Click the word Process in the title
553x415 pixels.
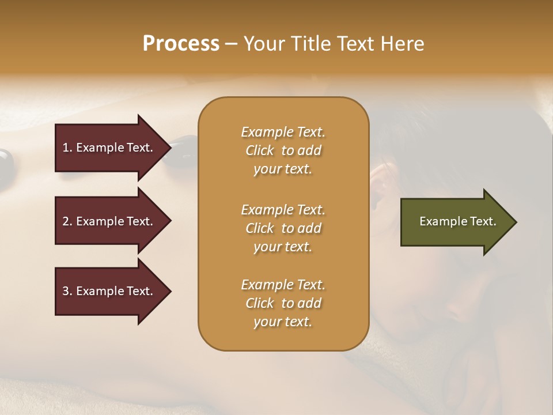point(181,43)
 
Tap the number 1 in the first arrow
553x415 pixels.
point(66,148)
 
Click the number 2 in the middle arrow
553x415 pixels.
point(66,221)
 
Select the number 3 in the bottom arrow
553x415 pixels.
point(66,291)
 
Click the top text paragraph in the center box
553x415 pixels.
point(283,150)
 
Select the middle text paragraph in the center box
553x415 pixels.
point(283,228)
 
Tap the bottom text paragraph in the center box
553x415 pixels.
point(283,303)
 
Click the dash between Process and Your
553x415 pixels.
point(232,44)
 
